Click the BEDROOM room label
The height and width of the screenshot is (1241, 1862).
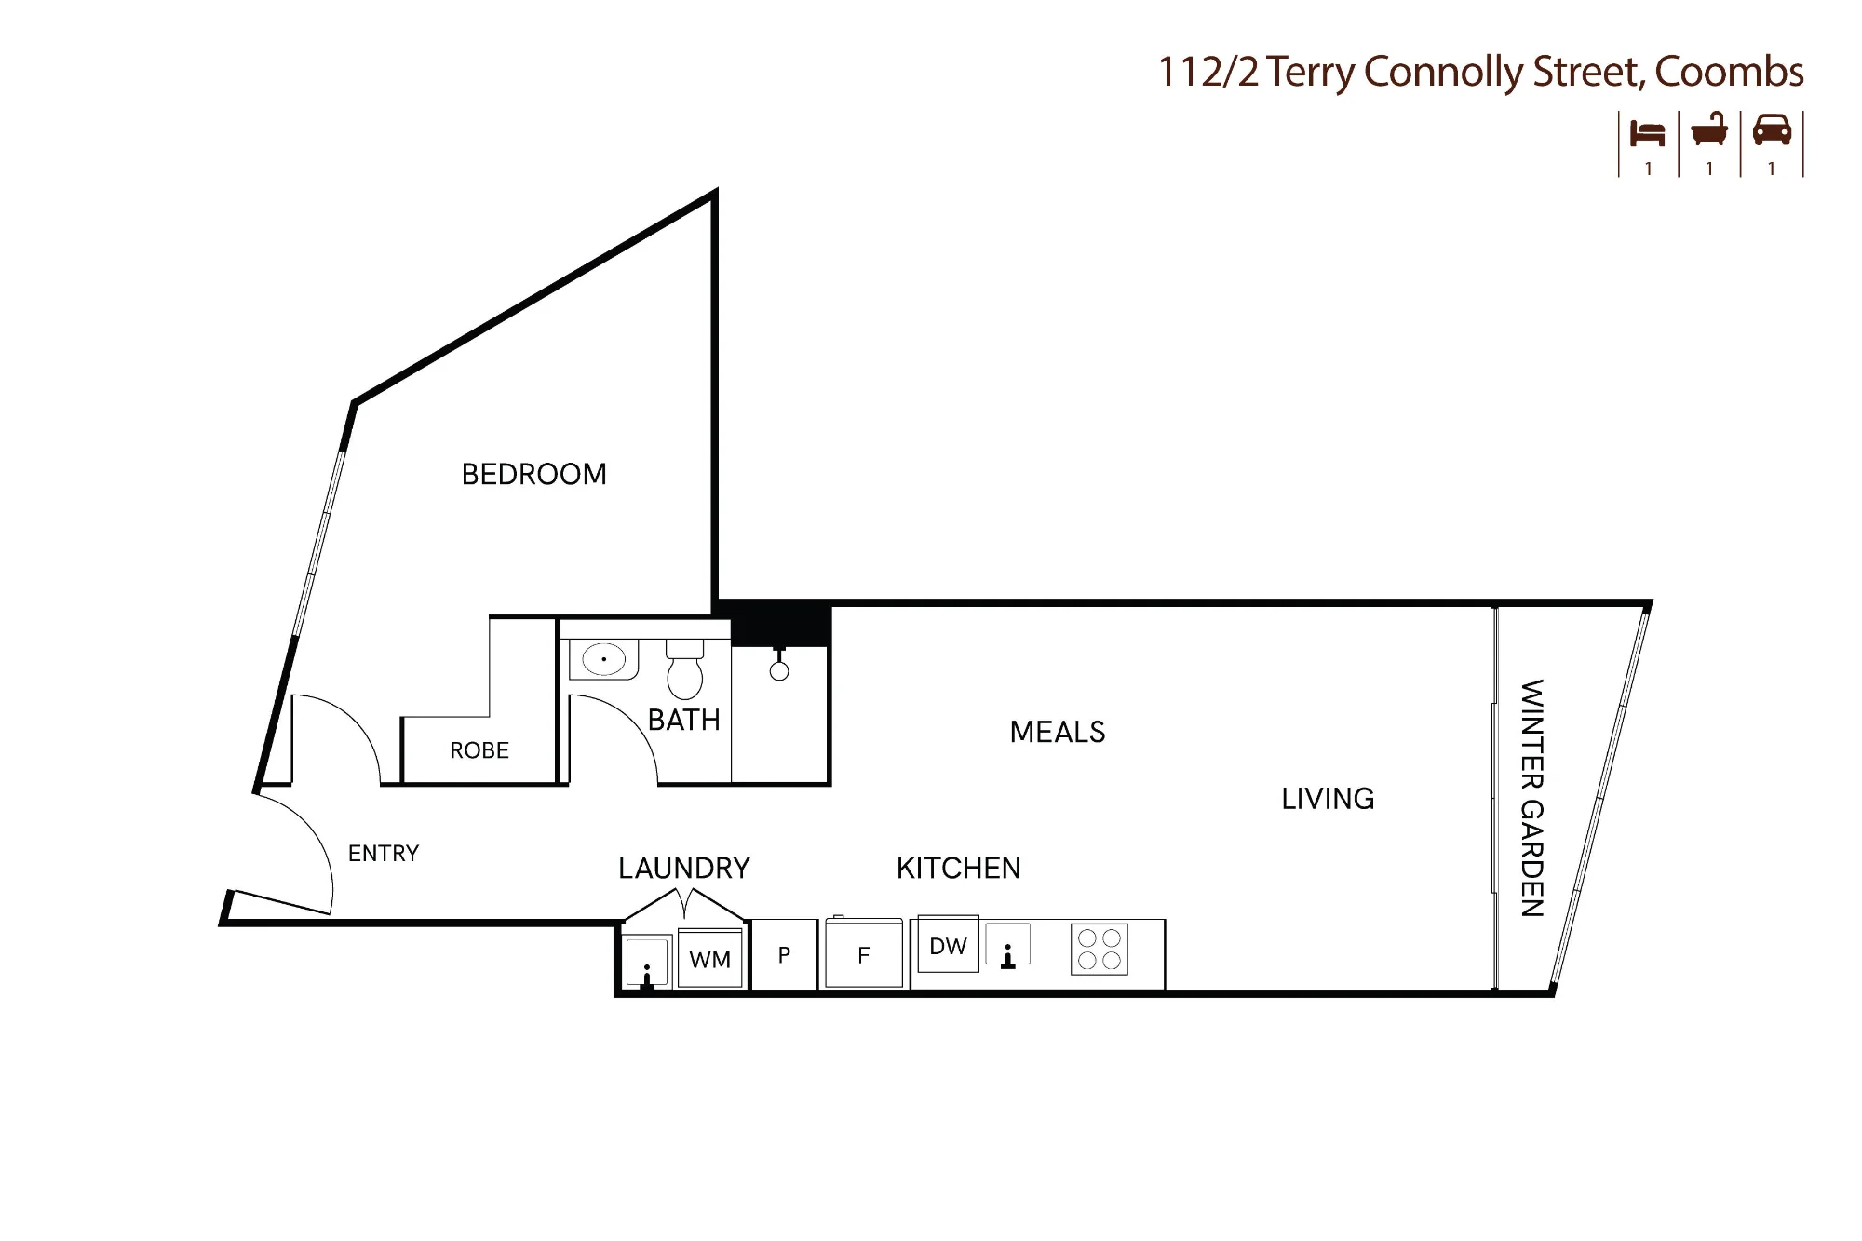point(534,474)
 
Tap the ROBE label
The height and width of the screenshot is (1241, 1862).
point(479,750)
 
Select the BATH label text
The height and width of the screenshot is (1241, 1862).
point(684,720)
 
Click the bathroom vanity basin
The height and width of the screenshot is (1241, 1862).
point(604,659)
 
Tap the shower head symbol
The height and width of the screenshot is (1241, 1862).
point(779,664)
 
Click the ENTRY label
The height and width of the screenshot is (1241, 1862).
point(384,853)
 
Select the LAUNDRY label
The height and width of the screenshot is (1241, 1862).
point(684,868)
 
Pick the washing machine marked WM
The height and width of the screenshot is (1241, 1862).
point(710,958)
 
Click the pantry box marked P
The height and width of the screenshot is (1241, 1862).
point(784,954)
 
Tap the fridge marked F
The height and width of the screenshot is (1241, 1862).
point(864,953)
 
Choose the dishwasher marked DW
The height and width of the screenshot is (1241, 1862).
point(949,945)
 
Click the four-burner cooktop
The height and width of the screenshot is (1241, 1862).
point(1100,949)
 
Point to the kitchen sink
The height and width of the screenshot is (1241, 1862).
point(1008,945)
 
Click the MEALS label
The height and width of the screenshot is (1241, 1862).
point(1058,732)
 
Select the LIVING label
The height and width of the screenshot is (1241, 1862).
point(1328,799)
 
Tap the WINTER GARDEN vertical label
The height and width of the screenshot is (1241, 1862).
point(1532,798)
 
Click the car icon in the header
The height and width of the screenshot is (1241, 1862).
point(1772,130)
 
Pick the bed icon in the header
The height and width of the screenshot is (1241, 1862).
point(1648,132)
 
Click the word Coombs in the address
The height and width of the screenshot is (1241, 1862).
point(1730,72)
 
